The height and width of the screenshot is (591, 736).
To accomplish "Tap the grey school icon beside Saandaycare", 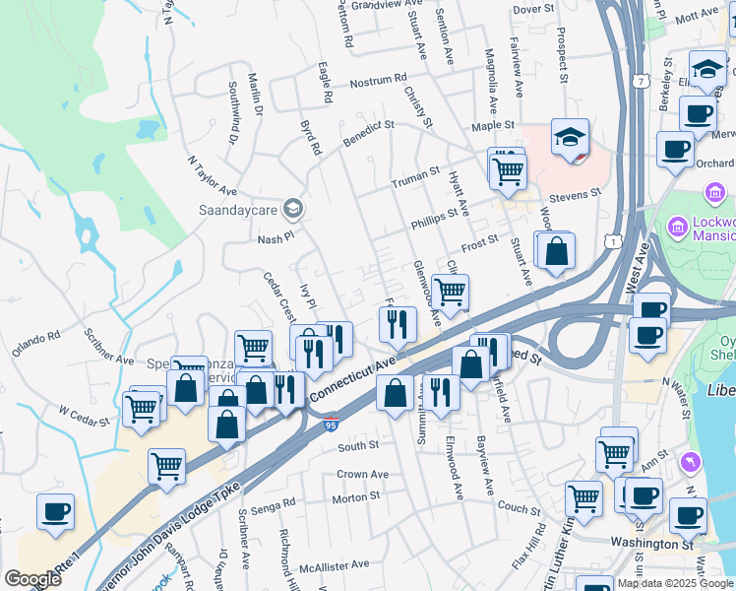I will pyautogui.click(x=292, y=209).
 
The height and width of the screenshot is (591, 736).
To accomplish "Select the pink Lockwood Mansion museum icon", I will pyautogui.click(x=677, y=228).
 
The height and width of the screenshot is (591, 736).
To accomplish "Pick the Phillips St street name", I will pyautogui.click(x=435, y=216).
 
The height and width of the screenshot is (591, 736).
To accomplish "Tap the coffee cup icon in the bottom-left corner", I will pyautogui.click(x=55, y=510).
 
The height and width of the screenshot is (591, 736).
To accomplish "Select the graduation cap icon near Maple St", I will pyautogui.click(x=570, y=137).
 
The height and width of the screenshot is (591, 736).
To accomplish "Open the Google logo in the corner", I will pyautogui.click(x=32, y=579).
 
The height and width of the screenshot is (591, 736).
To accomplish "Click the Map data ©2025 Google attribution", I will pyautogui.click(x=675, y=583).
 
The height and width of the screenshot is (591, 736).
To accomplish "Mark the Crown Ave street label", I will pyautogui.click(x=362, y=474).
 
